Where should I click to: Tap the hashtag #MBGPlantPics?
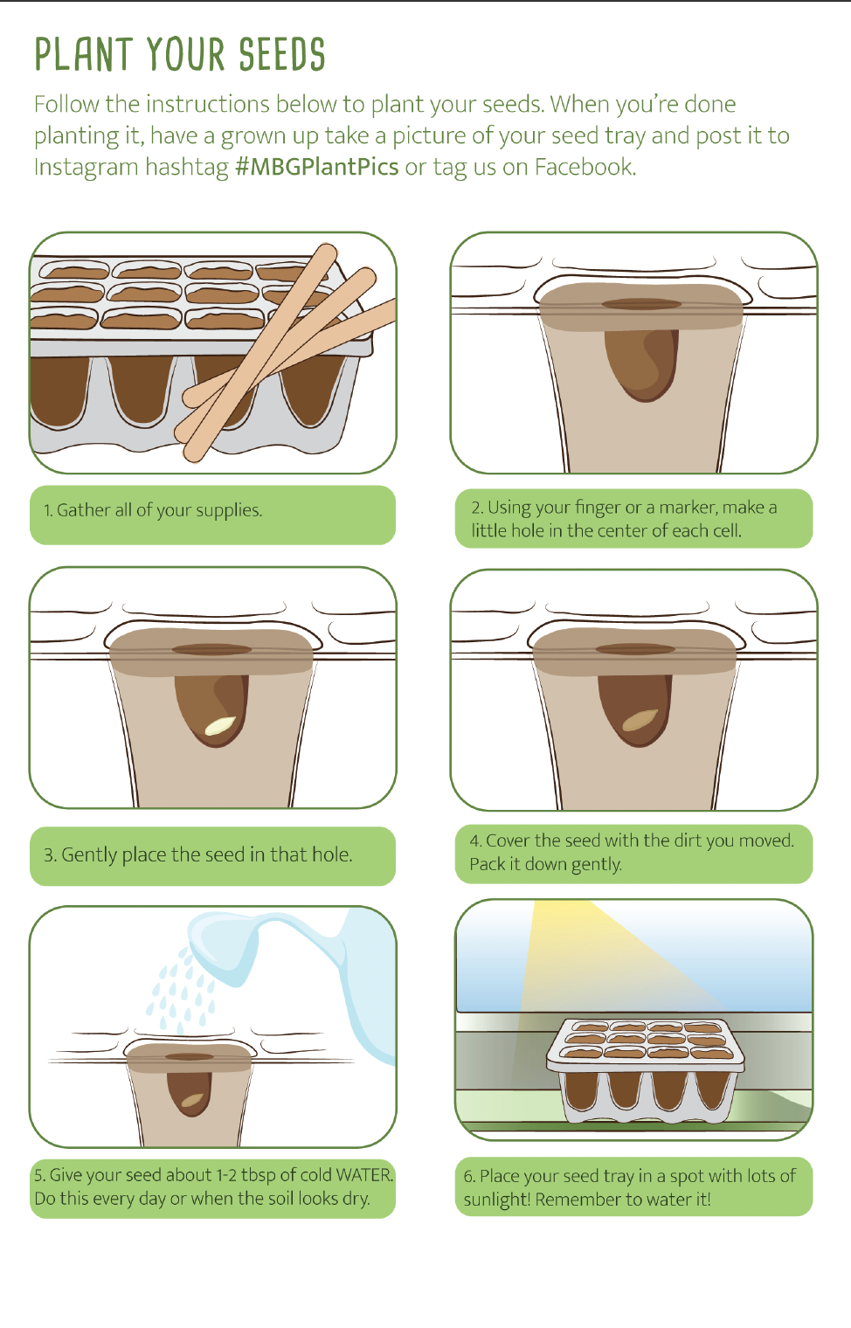click(x=317, y=167)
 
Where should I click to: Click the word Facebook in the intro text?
click(x=584, y=167)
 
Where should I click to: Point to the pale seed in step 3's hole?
click(x=220, y=724)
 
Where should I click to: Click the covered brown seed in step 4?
click(x=640, y=720)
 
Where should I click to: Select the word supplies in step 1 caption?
click(x=230, y=510)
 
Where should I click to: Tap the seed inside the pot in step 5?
click(x=192, y=1099)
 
